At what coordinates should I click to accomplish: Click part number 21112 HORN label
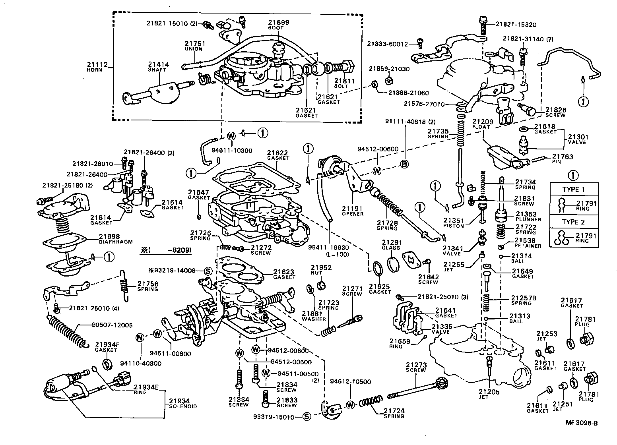tap(95, 66)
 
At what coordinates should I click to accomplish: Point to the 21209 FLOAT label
tap(483, 124)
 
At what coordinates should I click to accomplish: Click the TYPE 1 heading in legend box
tap(573, 190)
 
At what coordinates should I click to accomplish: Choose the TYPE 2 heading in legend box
tap(573, 222)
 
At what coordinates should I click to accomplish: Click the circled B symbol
tap(404, 164)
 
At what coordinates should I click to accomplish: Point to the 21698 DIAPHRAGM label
tap(115, 238)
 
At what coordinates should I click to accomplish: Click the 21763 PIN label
tap(562, 159)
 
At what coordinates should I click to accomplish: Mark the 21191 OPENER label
tap(353, 210)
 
